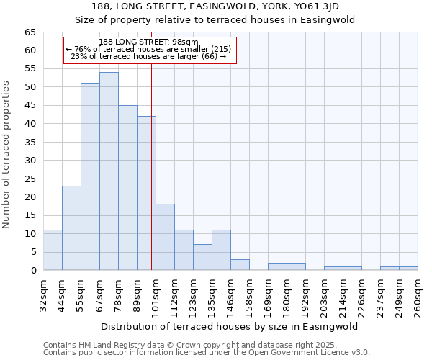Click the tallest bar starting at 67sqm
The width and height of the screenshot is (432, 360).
coord(109,171)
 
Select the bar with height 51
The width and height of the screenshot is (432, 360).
coord(90,176)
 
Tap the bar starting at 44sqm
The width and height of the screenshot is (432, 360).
coord(71,228)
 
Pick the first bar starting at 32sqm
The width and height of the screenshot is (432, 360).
coord(53,250)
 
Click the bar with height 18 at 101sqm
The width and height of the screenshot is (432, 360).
coord(165,237)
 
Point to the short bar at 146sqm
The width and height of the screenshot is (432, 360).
coord(240,264)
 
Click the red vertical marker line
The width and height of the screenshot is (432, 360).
coord(151,166)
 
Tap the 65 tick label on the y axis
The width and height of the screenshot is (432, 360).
coord(30,32)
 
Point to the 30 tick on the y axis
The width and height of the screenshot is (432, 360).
coord(30,161)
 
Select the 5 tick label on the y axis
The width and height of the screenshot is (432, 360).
coord(32,252)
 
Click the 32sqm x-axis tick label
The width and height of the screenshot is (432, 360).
coord(44,294)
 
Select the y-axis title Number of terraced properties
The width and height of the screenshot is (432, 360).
coord(8,154)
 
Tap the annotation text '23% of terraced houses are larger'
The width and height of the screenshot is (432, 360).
coord(149,56)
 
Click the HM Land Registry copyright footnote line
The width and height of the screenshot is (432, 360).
coord(184,345)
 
